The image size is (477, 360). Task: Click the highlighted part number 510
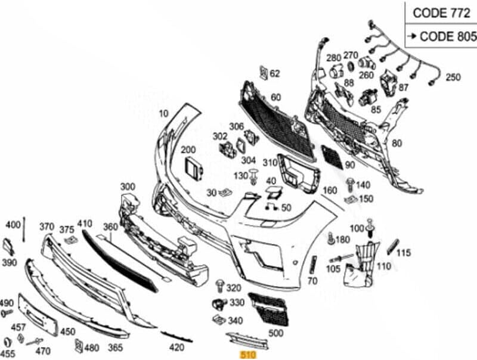248,355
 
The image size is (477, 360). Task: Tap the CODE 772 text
441,13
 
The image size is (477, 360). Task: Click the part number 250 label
453,77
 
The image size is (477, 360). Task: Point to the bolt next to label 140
350,185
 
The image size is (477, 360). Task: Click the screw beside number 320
219,287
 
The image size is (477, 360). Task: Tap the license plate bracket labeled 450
38,315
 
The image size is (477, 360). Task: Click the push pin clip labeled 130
253,176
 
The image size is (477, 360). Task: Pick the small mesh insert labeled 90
332,157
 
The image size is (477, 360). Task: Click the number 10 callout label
163,114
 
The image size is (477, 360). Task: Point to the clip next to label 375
71,240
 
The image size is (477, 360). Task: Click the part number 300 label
128,187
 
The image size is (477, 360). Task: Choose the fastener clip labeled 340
219,319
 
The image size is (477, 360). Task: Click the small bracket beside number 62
264,73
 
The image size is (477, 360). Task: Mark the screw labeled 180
332,238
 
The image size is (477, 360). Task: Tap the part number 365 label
115,347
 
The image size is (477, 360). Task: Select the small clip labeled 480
79,346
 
